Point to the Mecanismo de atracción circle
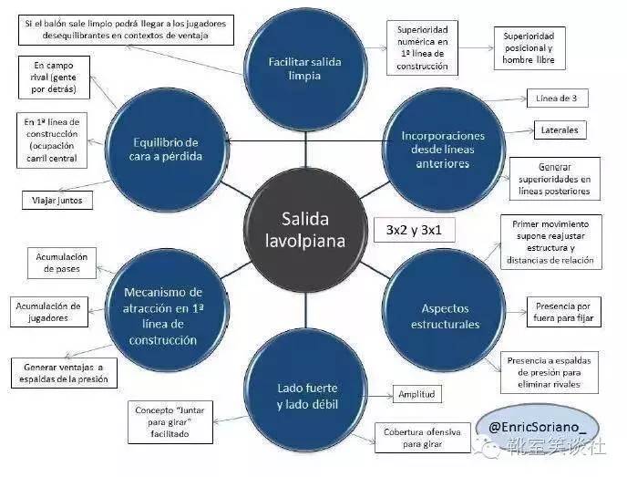(164, 315)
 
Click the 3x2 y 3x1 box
(415, 230)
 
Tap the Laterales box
(560, 130)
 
